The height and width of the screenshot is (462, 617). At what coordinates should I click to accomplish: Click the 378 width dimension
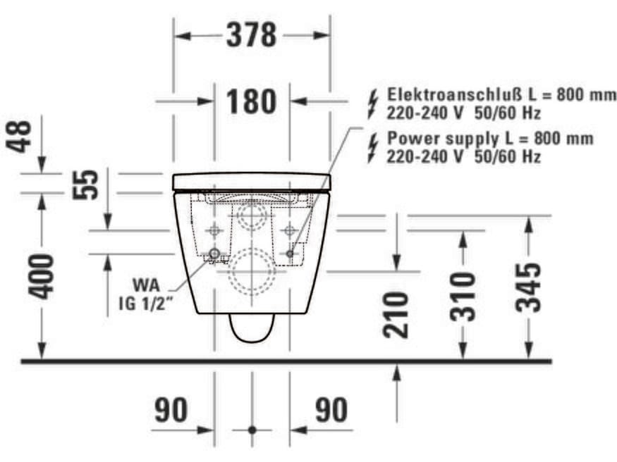(251, 35)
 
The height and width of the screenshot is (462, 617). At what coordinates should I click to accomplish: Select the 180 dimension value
(251, 101)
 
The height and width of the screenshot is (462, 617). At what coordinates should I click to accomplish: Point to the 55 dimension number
(87, 183)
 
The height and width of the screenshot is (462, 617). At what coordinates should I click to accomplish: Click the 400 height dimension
(44, 275)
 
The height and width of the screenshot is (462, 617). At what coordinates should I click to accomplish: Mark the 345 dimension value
(528, 287)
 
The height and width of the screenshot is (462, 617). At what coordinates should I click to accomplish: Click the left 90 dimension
(171, 410)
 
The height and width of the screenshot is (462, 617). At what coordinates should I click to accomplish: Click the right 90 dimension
(331, 410)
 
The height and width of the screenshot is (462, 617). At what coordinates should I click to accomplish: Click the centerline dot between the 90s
(252, 429)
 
